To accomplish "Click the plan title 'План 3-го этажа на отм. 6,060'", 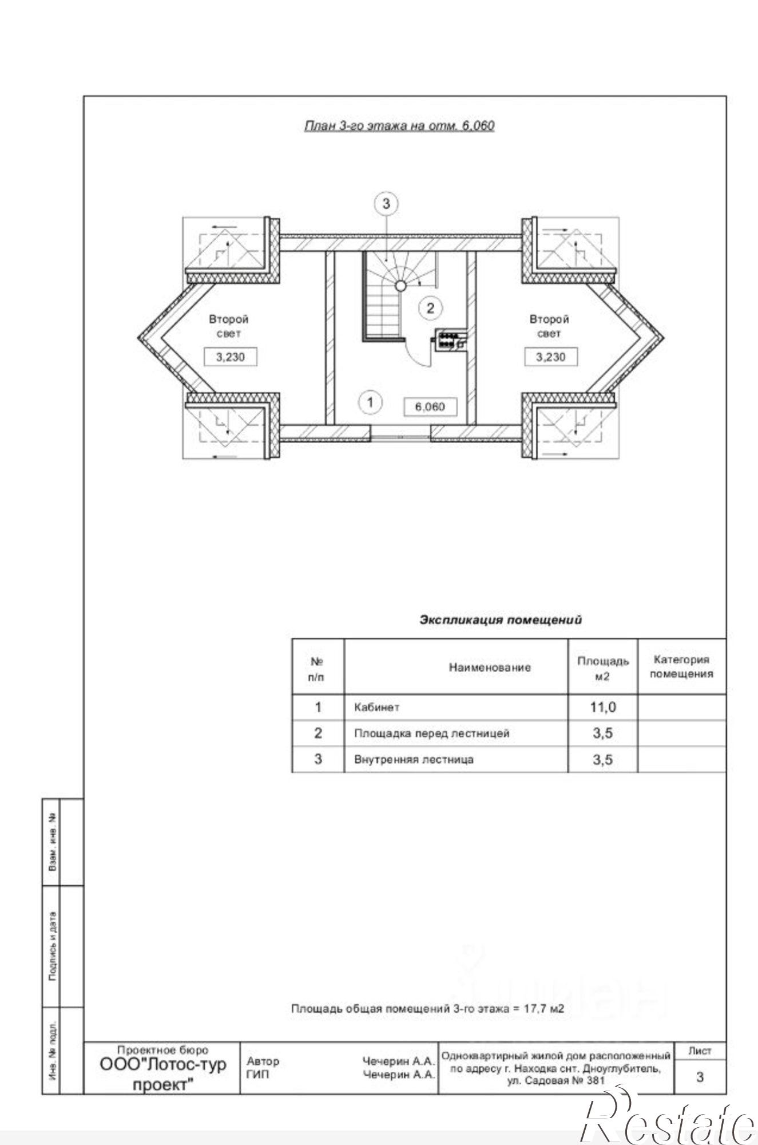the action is coord(399,125).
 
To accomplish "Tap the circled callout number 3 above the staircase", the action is coord(386,203).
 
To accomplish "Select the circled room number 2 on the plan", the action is coord(430,308).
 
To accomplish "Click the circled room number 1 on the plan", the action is coord(370,402).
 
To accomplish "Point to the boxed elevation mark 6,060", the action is coord(430,406).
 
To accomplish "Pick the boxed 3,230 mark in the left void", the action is coord(231,357).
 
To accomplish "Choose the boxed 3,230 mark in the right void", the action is coord(551,357).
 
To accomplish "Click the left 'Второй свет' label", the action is coord(228,326).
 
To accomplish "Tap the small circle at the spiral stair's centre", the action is coord(401,285).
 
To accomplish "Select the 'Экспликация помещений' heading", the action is coord(501,619).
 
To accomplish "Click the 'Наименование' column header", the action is coord(490,667).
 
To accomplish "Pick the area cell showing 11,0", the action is coord(603,707).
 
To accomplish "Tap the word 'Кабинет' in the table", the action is coord(377,707).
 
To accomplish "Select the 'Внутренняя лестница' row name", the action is coord(414,760).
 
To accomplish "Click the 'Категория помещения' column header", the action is coord(681,666).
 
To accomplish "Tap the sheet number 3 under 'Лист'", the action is coord(700,1077).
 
